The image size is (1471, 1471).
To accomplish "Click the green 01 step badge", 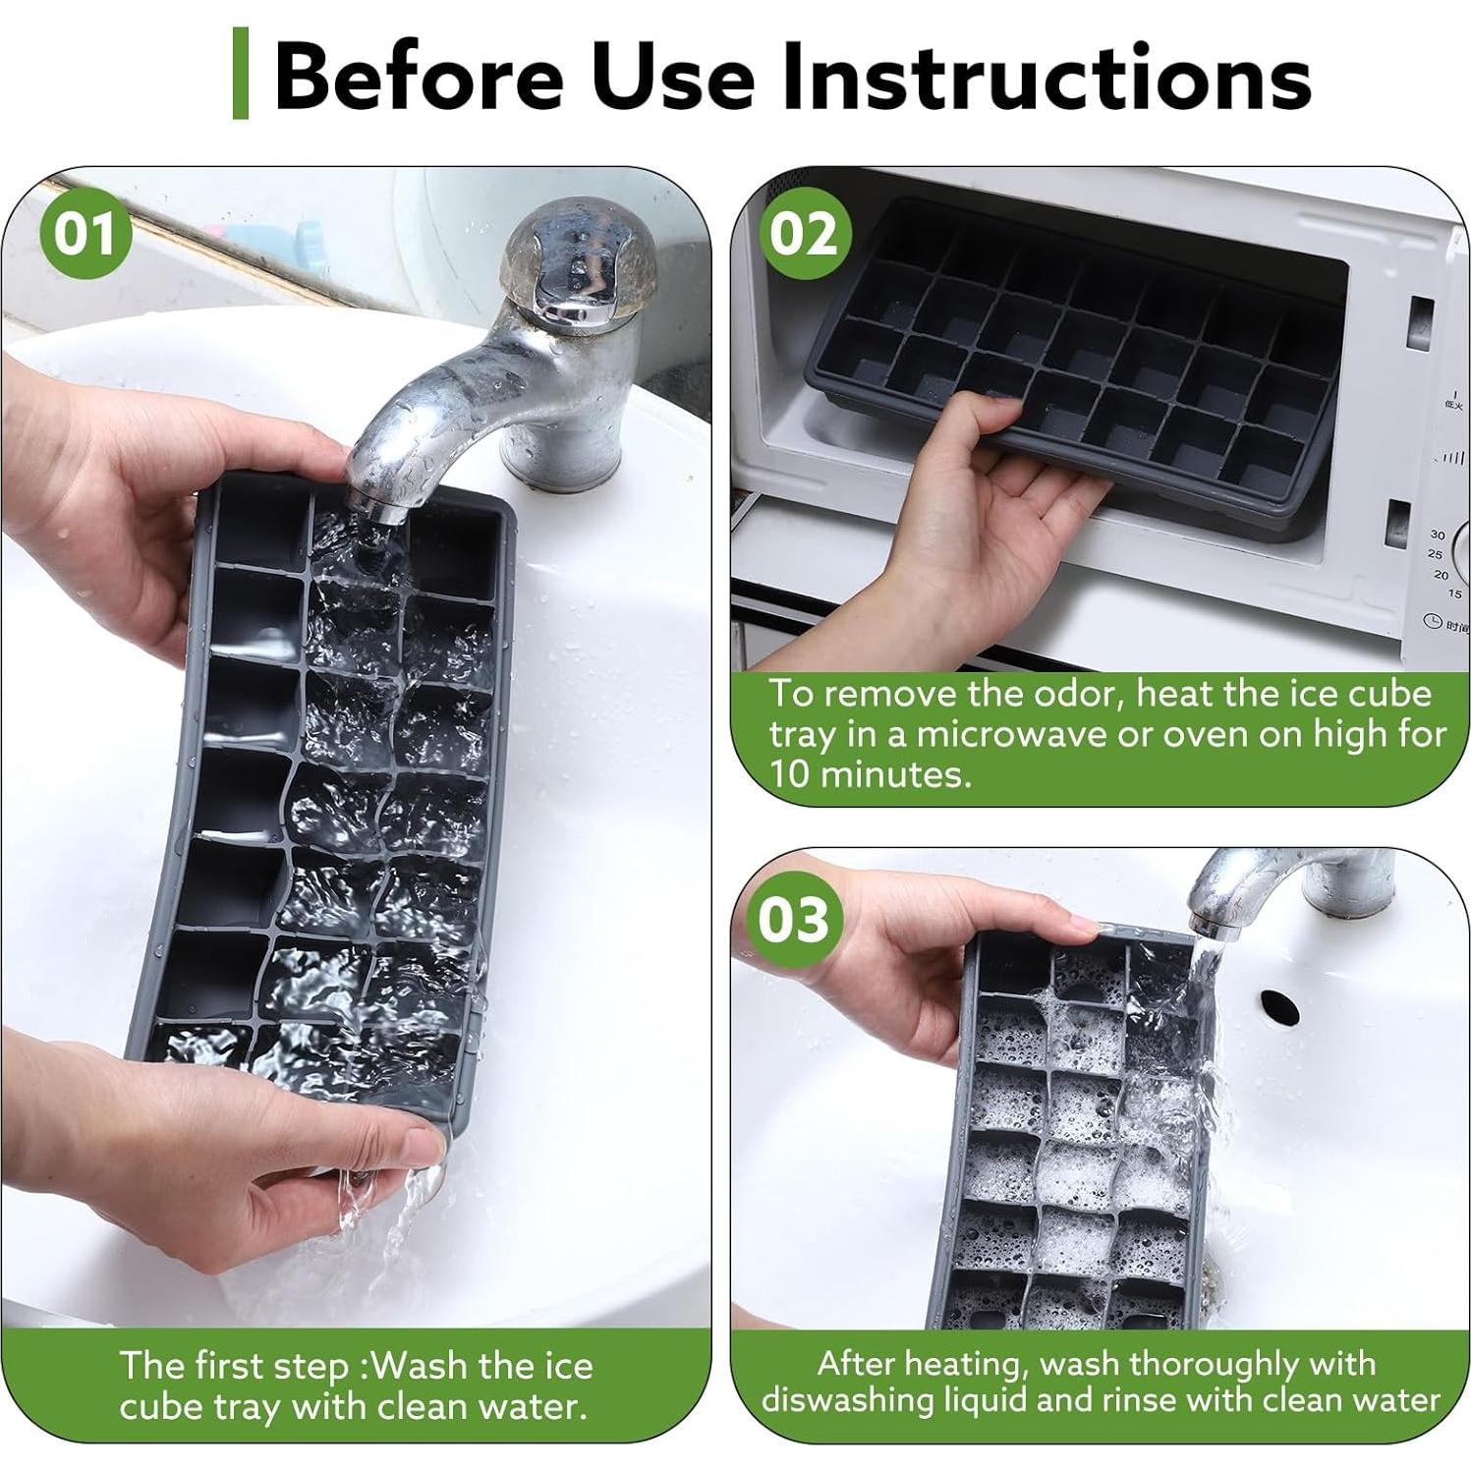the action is (x=85, y=234).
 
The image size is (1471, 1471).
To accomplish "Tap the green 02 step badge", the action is (x=804, y=234).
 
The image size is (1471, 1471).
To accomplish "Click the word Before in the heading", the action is (x=419, y=77).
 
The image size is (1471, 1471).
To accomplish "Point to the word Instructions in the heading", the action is (x=1047, y=77).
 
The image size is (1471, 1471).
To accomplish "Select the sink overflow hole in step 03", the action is (x=1279, y=1004).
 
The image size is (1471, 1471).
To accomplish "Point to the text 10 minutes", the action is (x=871, y=774).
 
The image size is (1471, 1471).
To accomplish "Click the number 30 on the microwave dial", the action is (x=1438, y=535).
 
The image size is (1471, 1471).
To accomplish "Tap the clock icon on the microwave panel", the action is (x=1432, y=621).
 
